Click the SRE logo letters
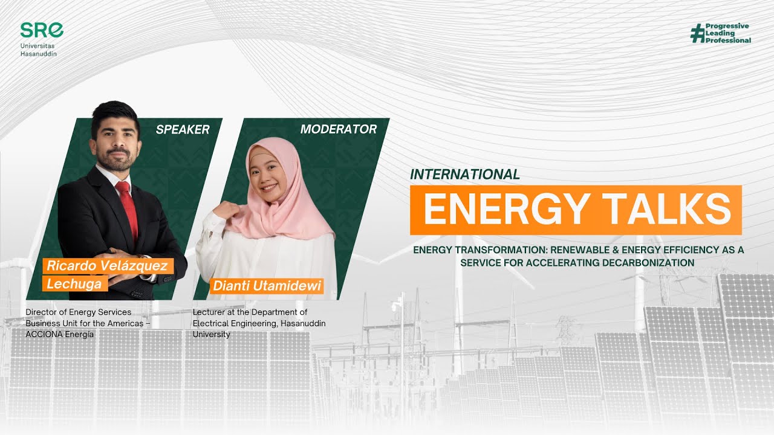tap(42, 30)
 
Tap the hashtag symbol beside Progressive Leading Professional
tap(697, 33)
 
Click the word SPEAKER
tap(182, 129)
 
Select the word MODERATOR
tap(338, 129)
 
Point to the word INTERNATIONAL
tap(464, 175)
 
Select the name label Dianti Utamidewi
tap(267, 285)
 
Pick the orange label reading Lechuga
tap(74, 283)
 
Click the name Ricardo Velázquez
tap(107, 266)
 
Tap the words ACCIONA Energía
tap(60, 334)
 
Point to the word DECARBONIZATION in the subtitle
tap(641, 263)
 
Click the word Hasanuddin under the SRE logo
tap(38, 53)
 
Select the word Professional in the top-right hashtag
tap(728, 40)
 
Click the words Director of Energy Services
tap(79, 312)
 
